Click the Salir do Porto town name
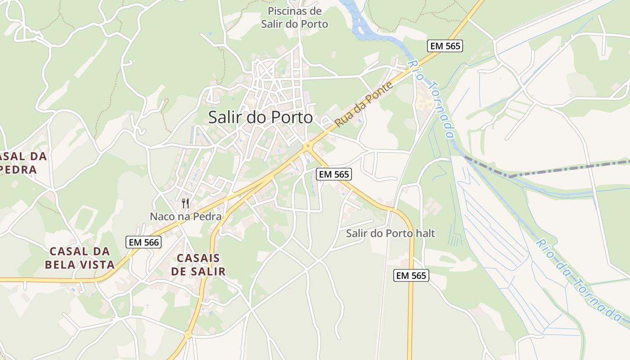coord(260,117)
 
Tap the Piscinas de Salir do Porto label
coord(295,18)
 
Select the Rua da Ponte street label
coord(364,104)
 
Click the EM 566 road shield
coord(144,242)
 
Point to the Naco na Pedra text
coord(185,216)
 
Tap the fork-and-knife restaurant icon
coord(185,203)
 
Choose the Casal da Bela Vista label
coord(80,258)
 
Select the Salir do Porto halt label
coord(390,234)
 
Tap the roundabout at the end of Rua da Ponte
coord(308,146)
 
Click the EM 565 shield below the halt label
coord(411,275)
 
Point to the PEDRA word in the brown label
coord(18,170)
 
